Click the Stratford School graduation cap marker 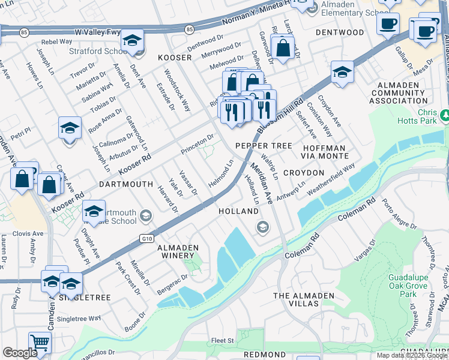coord(132,41)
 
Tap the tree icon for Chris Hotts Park coord(445,114)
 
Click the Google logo coord(20,353)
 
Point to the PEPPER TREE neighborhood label coord(264,146)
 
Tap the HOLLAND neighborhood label coord(238,212)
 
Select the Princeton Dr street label coord(197,144)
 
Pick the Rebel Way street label coord(56,42)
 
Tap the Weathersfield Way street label coord(331,178)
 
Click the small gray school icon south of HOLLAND coord(262,227)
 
